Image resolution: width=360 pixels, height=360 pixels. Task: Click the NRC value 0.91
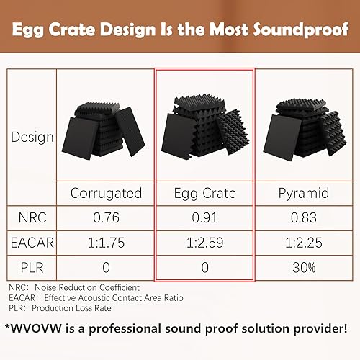click(x=204, y=217)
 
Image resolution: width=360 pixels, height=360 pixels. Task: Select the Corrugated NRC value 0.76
click(x=106, y=217)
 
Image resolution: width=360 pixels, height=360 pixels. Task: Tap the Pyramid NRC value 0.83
click(x=304, y=217)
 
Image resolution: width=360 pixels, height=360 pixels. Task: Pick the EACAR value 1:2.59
click(x=204, y=243)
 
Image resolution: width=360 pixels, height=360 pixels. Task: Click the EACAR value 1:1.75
click(x=106, y=243)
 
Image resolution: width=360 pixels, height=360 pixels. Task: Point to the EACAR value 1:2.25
click(x=304, y=243)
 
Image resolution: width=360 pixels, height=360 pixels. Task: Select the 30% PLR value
click(x=304, y=267)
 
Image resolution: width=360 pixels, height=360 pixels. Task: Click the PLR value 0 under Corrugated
click(x=106, y=267)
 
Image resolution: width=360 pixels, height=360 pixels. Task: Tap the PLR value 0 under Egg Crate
click(x=204, y=267)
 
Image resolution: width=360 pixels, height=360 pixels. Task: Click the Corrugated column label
click(x=106, y=194)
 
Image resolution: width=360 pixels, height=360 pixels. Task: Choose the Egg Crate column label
click(x=205, y=194)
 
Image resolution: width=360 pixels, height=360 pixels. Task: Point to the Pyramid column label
click(x=304, y=194)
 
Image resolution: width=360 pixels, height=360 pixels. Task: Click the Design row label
click(x=32, y=138)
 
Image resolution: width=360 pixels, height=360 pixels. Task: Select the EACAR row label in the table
click(x=32, y=243)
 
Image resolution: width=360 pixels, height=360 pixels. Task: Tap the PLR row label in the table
click(x=32, y=267)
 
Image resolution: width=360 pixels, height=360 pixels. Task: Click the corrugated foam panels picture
click(x=104, y=130)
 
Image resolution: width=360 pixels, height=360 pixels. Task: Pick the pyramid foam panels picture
click(x=305, y=130)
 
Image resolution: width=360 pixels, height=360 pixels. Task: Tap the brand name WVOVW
click(x=37, y=328)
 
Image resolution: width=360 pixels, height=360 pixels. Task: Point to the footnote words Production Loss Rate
click(x=71, y=308)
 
